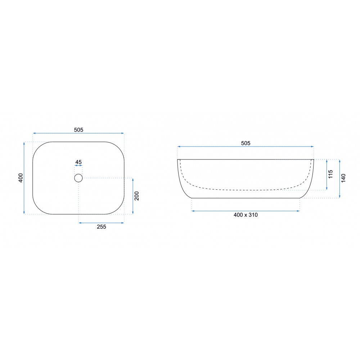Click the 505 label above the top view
78,130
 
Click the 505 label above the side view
246,143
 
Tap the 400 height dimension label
21,178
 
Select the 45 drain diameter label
78,162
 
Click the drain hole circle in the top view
78,178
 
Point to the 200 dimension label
137,196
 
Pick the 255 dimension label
102,227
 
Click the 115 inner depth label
330,174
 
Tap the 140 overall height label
343,178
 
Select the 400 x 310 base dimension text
246,215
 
